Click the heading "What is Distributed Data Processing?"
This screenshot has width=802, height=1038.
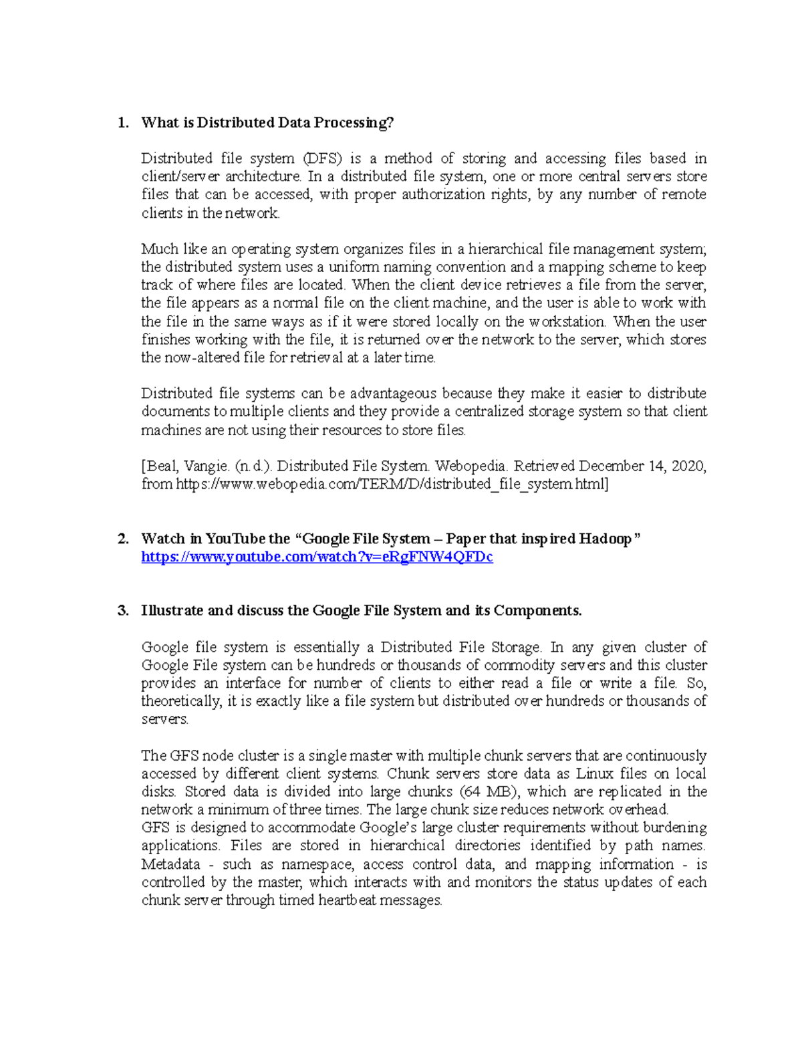pos(267,123)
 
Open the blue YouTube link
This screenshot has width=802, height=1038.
pos(317,557)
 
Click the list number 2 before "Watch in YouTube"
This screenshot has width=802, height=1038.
pos(122,539)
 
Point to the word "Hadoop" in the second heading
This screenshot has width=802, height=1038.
pos(605,539)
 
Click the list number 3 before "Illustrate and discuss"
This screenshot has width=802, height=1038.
pos(122,611)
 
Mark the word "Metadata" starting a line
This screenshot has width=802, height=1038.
pos(170,865)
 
